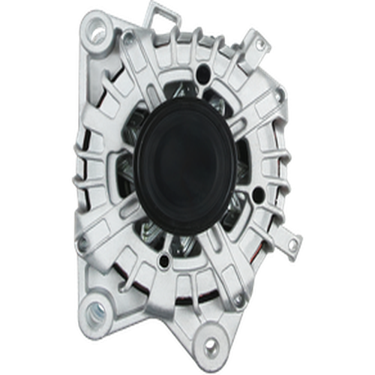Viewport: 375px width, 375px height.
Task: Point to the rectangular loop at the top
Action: coord(166,16)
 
